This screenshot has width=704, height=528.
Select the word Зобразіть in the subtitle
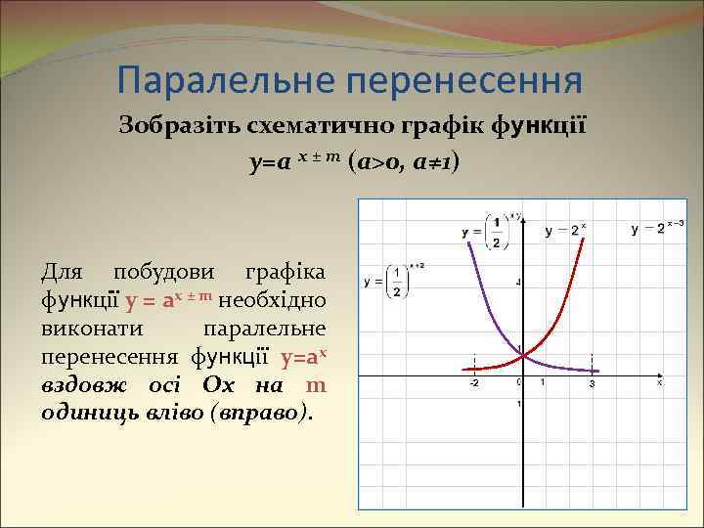(x=172, y=125)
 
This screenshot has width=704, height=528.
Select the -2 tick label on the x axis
(x=473, y=383)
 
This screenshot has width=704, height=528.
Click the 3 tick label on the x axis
(x=592, y=384)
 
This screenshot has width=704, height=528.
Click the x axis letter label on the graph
(x=659, y=384)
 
